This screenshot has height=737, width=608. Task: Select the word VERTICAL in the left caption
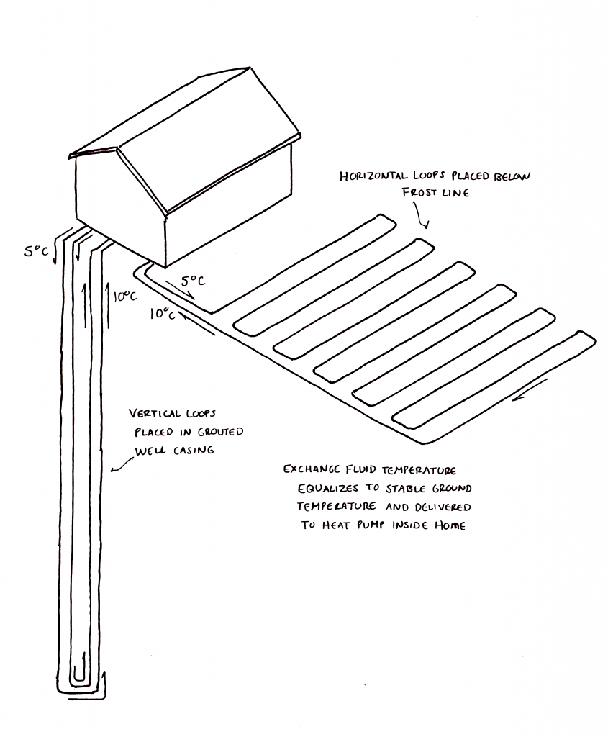click(156, 414)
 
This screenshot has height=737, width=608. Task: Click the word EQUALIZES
click(330, 488)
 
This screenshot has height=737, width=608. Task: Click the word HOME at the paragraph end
click(448, 525)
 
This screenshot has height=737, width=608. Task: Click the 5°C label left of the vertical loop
click(37, 251)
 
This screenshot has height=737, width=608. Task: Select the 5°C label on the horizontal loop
click(192, 281)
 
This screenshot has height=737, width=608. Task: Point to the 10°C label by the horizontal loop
click(163, 313)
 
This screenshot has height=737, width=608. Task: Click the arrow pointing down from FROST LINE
click(419, 215)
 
